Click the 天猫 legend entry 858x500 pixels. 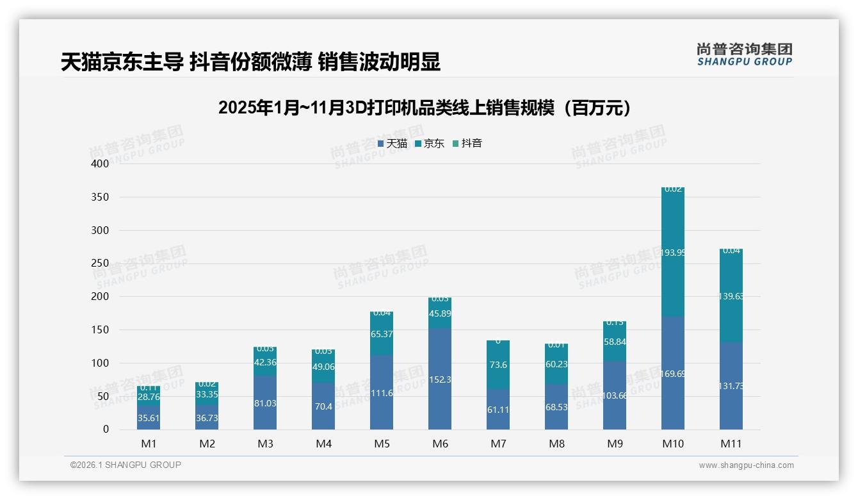393,144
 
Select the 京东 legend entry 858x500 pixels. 430,144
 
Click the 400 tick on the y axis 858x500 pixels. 101,164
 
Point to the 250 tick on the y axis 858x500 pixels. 101,263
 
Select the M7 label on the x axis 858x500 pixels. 498,444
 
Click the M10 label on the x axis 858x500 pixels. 672,444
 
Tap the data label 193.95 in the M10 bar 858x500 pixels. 672,253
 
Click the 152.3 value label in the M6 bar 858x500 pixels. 440,380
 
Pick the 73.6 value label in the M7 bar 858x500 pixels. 498,365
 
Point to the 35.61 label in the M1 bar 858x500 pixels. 149,417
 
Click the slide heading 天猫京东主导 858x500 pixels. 250,62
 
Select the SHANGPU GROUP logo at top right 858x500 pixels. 744,54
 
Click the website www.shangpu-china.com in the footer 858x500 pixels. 746,465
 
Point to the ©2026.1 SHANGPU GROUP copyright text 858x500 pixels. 125,465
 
